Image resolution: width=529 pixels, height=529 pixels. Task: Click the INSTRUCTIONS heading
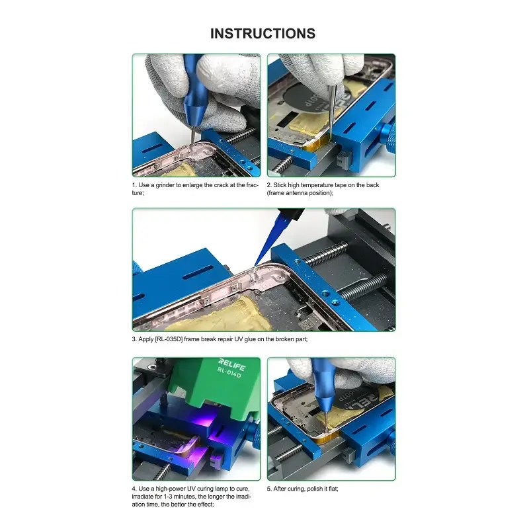[263, 34]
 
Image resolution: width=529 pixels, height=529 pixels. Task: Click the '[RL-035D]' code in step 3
[169, 339]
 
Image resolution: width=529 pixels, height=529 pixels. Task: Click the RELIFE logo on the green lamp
[232, 364]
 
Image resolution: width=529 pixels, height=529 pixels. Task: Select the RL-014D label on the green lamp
[229, 373]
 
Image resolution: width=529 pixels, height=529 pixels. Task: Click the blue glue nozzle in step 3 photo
[270, 239]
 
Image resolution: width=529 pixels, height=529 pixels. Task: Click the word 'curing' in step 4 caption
[206, 489]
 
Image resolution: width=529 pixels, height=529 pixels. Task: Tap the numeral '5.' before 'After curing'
[269, 489]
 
